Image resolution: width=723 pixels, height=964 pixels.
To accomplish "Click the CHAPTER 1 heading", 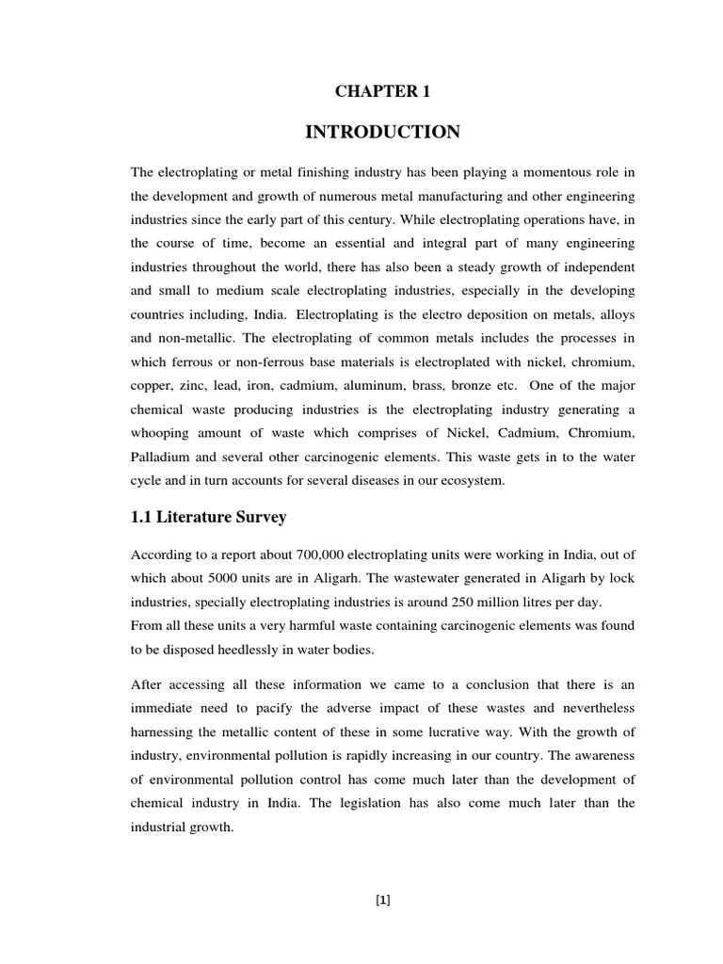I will coord(382,91).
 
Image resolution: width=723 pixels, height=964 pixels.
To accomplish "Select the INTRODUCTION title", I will coord(382,133).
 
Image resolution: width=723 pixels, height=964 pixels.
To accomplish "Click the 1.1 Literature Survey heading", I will coord(209,517).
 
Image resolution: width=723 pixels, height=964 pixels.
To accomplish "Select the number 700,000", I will coord(324,554).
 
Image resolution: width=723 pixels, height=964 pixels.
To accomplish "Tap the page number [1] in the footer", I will coord(382,900).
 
